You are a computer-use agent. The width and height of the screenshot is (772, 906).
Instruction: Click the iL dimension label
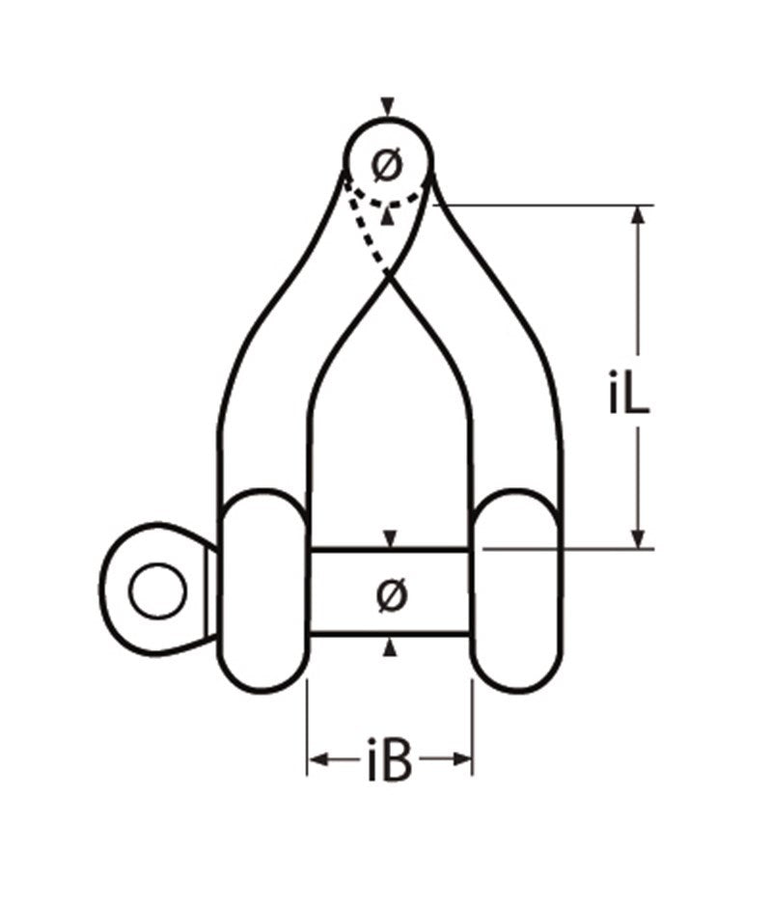(629, 397)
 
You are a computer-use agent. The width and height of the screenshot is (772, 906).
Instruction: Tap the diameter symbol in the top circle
(388, 166)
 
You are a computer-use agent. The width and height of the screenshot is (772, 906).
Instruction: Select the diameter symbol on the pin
(389, 594)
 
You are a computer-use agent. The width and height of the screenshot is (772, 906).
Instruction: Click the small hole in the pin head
(157, 590)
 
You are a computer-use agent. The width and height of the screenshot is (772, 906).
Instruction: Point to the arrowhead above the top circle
(388, 107)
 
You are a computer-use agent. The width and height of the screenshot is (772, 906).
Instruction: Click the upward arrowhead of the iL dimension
(637, 216)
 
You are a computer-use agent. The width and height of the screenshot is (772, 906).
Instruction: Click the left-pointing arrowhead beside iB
(317, 761)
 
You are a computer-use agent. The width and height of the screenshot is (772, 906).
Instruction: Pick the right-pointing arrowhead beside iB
(463, 761)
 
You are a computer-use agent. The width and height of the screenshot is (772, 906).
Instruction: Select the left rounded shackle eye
(262, 590)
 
